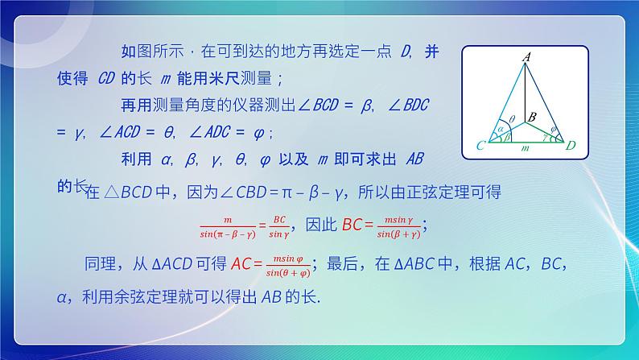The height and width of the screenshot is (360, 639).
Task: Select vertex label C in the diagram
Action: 480,146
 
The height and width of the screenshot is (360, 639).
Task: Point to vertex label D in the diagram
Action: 570,146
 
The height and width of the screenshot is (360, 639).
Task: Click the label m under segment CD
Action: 525,150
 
